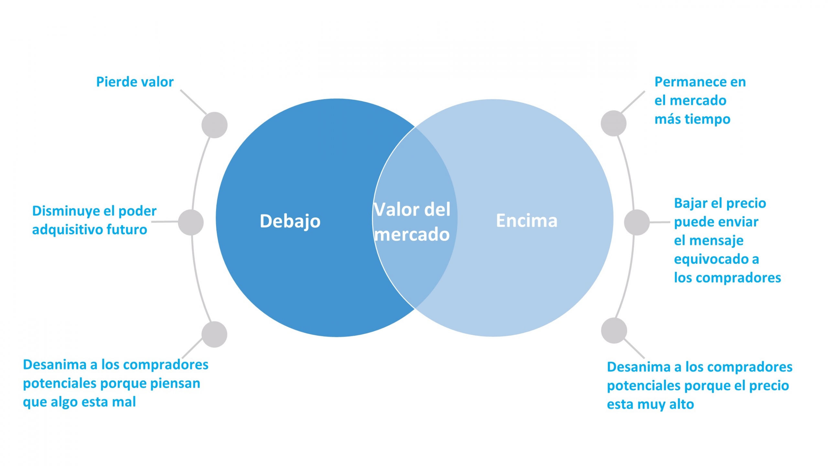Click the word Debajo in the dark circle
pyautogui.click(x=290, y=221)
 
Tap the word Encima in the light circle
pyautogui.click(x=527, y=221)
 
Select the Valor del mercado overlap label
pyautogui.click(x=412, y=222)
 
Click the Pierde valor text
pyautogui.click(x=135, y=82)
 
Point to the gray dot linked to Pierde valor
pyautogui.click(x=214, y=125)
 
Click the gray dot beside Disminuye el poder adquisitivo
pyautogui.click(x=191, y=222)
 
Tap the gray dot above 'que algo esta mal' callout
pyautogui.click(x=214, y=334)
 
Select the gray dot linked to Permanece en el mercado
pyautogui.click(x=614, y=123)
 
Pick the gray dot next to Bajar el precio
pyautogui.click(x=637, y=222)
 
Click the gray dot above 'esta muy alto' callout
pyautogui.click(x=614, y=330)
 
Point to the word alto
pyautogui.click(x=681, y=404)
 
